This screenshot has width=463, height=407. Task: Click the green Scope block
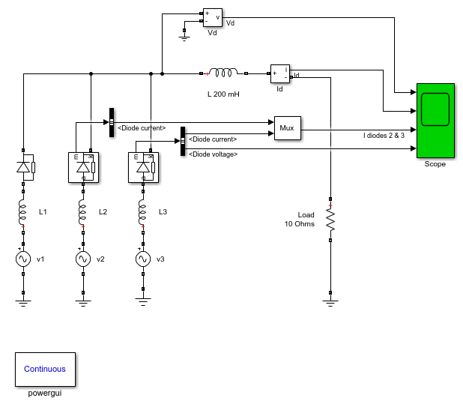click(x=435, y=121)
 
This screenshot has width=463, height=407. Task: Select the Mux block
click(x=288, y=128)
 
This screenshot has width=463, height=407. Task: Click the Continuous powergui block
click(x=45, y=370)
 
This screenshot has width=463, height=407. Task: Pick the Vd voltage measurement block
click(x=213, y=18)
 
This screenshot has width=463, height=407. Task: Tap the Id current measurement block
click(x=280, y=73)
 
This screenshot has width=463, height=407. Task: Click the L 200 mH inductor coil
click(x=223, y=73)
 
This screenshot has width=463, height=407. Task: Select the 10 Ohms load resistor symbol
click(x=330, y=219)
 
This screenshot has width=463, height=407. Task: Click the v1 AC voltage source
click(x=23, y=259)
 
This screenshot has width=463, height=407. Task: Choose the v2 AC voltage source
click(x=83, y=259)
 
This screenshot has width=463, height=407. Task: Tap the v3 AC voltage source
click(x=143, y=259)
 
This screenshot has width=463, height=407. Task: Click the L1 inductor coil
click(x=22, y=212)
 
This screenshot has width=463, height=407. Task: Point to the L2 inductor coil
click(x=82, y=212)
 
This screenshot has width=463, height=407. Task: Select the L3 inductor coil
click(x=142, y=212)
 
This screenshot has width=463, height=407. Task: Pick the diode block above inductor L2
click(x=84, y=167)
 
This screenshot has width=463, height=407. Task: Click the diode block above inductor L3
click(x=144, y=167)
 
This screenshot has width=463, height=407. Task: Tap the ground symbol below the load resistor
click(x=330, y=304)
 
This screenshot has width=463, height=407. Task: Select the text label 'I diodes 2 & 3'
click(x=384, y=136)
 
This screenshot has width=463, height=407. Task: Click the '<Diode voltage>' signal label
click(x=214, y=154)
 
